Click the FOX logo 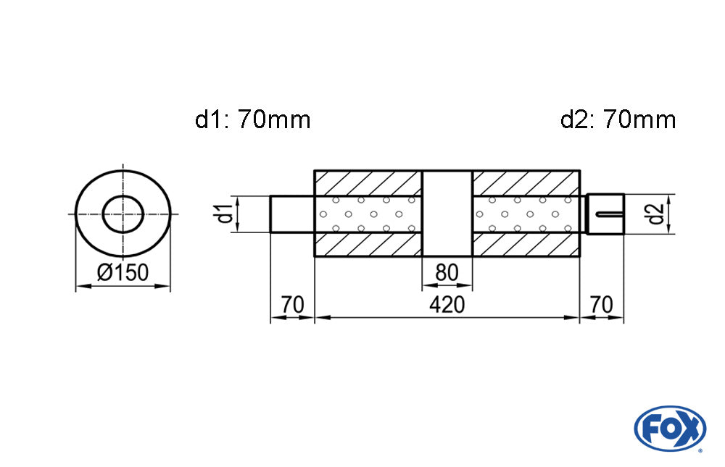669,429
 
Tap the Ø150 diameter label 123,273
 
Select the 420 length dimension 447,305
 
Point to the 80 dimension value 447,273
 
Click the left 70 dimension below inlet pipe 292,305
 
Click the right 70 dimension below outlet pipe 602,305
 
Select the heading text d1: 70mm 252,119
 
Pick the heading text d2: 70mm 618,119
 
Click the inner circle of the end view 123,214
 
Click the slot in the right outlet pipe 609,214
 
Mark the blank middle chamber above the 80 447,214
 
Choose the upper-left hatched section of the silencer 368,183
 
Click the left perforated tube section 368,214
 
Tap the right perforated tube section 526,214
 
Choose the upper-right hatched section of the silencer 526,183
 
